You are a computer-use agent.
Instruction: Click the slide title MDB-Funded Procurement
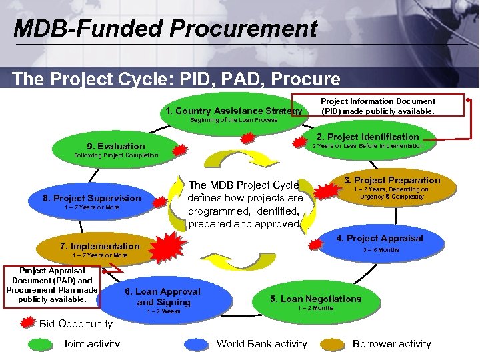pos(165,28)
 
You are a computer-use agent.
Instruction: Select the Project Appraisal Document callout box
pos(52,286)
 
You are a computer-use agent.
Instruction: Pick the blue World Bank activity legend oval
pos(197,345)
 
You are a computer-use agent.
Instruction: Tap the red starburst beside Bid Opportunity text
pos(27,324)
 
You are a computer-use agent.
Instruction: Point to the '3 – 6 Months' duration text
pos(381,250)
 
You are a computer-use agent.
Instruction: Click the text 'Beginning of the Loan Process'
pos(234,121)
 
